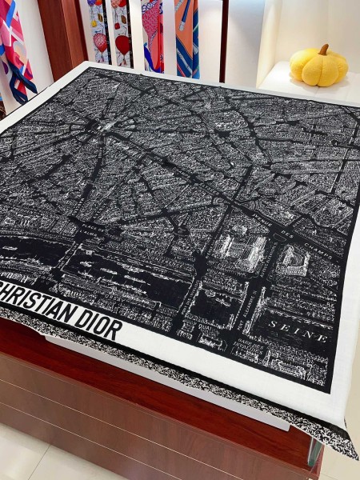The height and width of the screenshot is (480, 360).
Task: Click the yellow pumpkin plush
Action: (x=318, y=66)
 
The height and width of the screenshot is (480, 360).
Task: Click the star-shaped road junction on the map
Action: (x=99, y=127)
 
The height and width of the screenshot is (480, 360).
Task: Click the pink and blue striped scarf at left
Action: (x=16, y=56)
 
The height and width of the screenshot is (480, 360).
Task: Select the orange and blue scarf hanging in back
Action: (x=186, y=36)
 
